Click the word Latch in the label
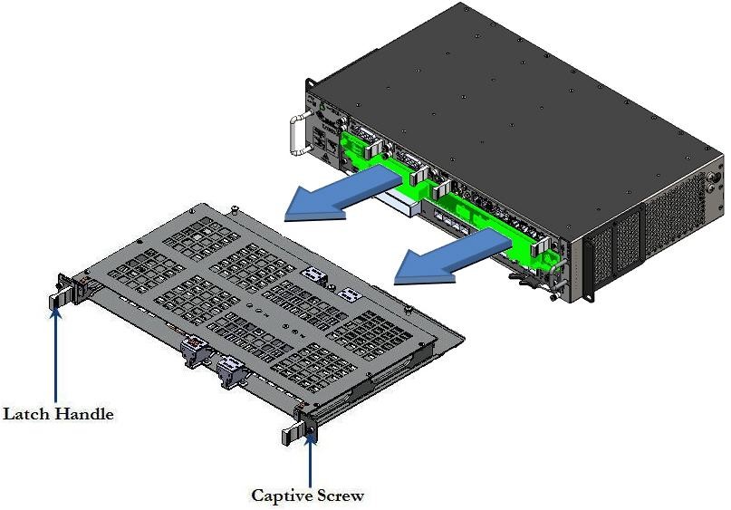26,414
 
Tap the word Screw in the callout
339,495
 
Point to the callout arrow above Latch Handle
56,353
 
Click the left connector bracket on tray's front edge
194,349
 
